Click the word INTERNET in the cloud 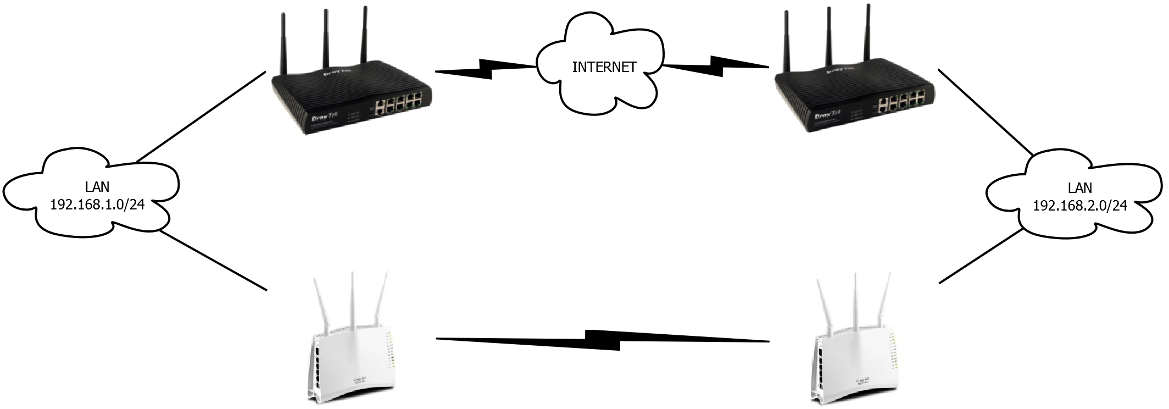604,67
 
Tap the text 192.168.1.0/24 97,205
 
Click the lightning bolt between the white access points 603,340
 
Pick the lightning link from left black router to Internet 485,69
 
